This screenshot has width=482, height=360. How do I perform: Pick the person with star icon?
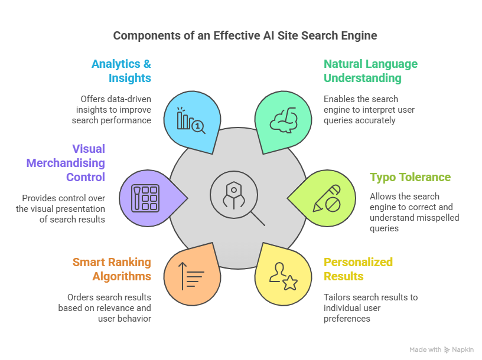(282, 275)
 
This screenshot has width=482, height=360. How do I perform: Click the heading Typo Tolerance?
(410, 177)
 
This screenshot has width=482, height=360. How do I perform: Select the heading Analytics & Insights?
(121, 71)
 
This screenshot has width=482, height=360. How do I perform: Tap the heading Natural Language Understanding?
(370, 71)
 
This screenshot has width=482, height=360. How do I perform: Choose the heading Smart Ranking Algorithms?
(112, 269)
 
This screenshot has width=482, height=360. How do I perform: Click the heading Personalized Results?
(358, 269)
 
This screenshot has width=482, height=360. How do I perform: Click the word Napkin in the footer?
(463, 349)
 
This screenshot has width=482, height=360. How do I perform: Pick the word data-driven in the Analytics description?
(118, 99)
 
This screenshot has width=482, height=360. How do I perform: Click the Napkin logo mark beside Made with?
(447, 349)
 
